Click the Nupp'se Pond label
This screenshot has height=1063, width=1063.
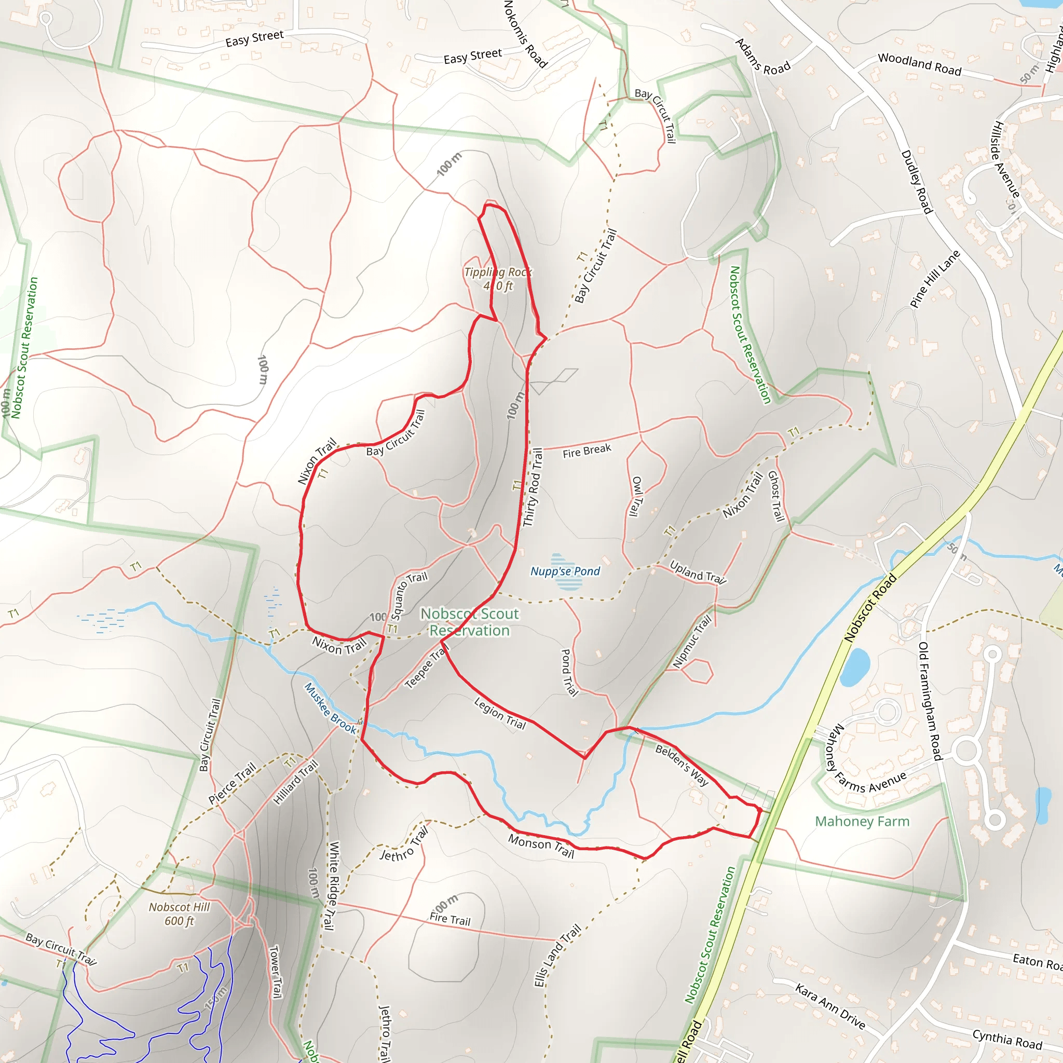click(565, 571)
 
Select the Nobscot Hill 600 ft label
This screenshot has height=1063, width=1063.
click(180, 914)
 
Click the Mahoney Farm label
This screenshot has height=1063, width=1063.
click(862, 822)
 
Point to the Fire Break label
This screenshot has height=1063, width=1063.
click(587, 451)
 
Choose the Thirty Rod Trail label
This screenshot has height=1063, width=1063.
click(533, 487)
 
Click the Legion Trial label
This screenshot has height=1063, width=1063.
click(500, 714)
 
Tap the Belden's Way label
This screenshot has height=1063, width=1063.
click(682, 765)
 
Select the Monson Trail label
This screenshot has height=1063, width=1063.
click(541, 846)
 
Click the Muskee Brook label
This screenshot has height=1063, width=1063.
click(330, 708)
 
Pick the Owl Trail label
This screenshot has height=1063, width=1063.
click(636, 496)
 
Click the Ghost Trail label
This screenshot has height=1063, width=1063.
click(776, 496)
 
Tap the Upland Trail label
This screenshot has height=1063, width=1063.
click(698, 572)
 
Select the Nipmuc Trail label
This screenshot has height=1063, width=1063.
click(693, 642)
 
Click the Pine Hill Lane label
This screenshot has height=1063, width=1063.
click(935, 278)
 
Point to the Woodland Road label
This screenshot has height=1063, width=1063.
click(919, 64)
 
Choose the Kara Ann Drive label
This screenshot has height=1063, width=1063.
click(830, 1006)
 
